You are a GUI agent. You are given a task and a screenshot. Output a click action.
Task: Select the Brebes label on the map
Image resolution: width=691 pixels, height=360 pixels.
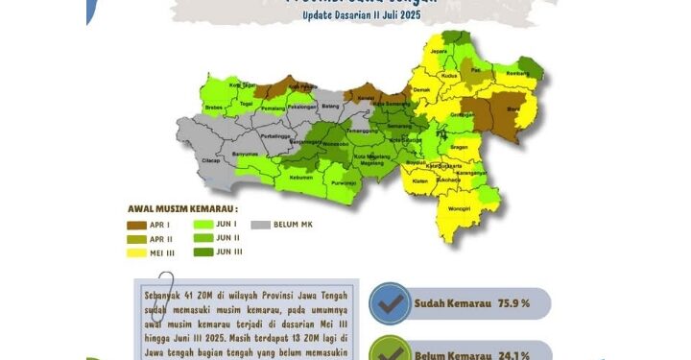click(x=214, y=102)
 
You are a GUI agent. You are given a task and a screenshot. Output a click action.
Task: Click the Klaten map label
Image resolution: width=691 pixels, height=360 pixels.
click(x=418, y=180)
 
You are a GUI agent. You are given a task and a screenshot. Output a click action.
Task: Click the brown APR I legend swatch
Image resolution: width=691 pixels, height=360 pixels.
click(x=136, y=225)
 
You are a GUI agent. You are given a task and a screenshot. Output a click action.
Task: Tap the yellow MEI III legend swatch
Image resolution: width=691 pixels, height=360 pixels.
click(x=136, y=253)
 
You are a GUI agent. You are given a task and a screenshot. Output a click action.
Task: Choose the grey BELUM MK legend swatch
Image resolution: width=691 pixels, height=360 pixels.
click(x=260, y=225)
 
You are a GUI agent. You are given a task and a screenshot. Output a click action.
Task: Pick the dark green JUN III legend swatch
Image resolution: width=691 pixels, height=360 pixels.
click(x=203, y=253)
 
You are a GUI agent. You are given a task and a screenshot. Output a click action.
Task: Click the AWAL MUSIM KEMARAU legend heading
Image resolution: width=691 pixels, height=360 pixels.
click(x=182, y=207)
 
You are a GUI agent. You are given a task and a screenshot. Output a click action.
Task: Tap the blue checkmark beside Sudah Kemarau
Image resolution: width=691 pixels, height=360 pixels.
click(x=390, y=303)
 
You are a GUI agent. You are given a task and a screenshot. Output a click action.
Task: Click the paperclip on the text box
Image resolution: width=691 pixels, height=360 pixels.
click(x=169, y=294)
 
